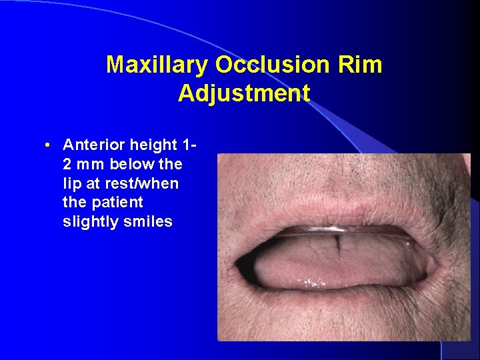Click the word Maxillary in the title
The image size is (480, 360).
click(x=157, y=65)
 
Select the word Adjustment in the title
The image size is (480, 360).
click(x=244, y=93)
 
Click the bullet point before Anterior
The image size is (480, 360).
click(x=49, y=145)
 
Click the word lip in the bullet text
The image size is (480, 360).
click(x=70, y=183)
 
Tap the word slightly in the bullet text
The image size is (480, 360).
click(x=91, y=222)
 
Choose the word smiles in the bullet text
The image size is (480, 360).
click(x=148, y=222)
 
